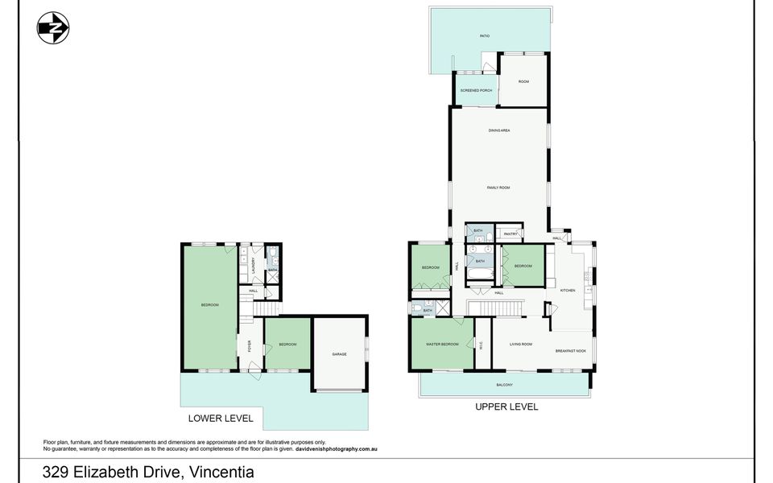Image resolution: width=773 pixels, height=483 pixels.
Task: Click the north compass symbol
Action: pos(53,28)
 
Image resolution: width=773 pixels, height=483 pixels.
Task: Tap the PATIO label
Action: pos(485,36)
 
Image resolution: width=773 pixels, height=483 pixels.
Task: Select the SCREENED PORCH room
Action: pos(474,91)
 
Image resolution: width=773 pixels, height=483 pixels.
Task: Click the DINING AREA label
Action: pos(499,130)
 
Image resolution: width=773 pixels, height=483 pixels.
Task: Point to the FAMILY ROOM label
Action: pos(498,188)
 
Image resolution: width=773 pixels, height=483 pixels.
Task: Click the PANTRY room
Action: pos(509,234)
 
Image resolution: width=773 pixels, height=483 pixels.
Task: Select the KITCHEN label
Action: pos(567,290)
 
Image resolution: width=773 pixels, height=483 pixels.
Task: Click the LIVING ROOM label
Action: pos(521,345)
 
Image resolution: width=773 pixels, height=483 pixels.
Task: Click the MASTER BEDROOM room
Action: pos(442,345)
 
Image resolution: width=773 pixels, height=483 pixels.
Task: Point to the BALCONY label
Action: pos(505,385)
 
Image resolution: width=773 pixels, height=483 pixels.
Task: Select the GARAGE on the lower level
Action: pos(339,354)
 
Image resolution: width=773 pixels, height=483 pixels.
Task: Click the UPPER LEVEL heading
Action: pos(506,407)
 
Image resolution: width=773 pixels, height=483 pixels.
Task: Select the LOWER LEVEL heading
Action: pos(220,419)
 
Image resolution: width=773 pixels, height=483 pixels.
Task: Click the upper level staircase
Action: pos(497,309)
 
